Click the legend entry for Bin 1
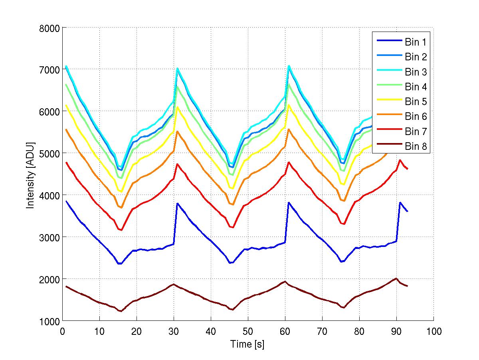pos(416,42)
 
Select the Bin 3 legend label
pos(416,72)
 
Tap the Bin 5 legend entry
pos(416,102)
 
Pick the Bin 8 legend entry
pos(416,147)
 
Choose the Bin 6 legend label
pos(416,117)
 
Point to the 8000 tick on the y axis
pos(50,28)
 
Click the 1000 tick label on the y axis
pos(50,321)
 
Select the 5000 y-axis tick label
pos(50,153)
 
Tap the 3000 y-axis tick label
pos(50,237)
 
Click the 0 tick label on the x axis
pos(62,331)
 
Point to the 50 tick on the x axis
pos(248,331)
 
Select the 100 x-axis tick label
pos(433,331)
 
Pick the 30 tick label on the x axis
pos(174,331)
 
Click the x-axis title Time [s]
pos(247,344)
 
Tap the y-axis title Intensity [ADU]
pos(30,174)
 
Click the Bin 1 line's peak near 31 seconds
pos(177,203)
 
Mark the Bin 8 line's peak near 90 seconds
pos(396,278)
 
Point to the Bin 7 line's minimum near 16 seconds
pos(121,230)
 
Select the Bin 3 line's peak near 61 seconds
pos(289,66)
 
